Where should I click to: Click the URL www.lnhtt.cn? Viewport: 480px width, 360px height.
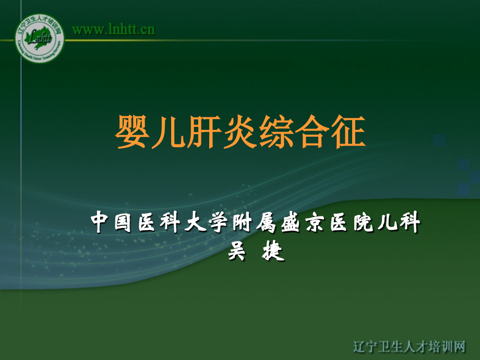pyautogui.click(x=113, y=29)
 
